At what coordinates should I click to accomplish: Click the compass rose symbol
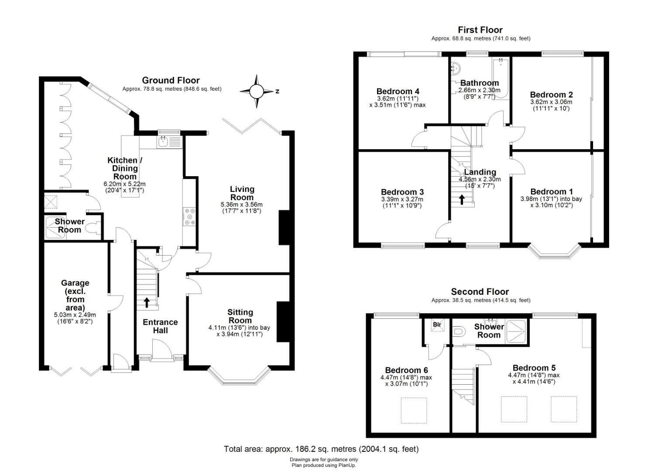(256, 92)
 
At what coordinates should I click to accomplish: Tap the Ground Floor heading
(171, 80)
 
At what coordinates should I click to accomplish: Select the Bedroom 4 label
(398, 92)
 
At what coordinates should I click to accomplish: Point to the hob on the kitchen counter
(189, 217)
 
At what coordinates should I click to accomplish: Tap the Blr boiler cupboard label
(437, 324)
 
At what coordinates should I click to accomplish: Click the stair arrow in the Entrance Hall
(147, 302)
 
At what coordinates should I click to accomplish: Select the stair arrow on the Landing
(462, 199)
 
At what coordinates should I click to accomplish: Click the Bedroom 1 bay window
(555, 252)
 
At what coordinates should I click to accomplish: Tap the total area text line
(321, 449)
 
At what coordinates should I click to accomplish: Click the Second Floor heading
(480, 291)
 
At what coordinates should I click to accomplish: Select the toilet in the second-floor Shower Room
(458, 331)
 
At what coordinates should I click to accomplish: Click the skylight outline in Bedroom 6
(414, 410)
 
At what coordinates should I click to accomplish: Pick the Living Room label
(242, 193)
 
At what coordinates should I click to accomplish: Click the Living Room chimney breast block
(284, 228)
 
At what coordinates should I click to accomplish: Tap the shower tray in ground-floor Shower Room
(55, 228)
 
